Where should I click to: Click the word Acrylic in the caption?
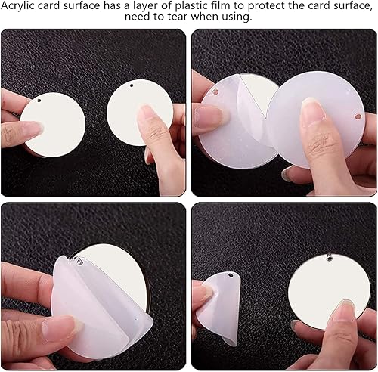click(x=17, y=6)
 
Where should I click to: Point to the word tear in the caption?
click(x=178, y=17)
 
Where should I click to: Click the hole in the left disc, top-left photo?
click(x=39, y=101)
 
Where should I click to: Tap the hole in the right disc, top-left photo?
click(x=131, y=85)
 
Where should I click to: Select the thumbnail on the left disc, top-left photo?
click(x=33, y=129)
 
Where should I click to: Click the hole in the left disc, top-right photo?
click(x=215, y=91)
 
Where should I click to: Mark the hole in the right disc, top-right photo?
click(x=358, y=116)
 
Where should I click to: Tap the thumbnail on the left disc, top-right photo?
click(x=212, y=116)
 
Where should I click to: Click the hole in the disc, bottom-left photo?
click(x=79, y=261)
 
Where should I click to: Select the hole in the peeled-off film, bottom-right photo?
click(x=231, y=275)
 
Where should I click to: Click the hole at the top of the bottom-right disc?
click(x=330, y=258)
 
